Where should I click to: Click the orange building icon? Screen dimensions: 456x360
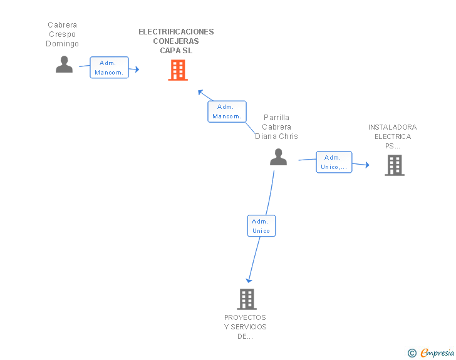[x=178, y=70]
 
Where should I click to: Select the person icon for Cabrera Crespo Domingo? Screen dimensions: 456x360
[x=64, y=64]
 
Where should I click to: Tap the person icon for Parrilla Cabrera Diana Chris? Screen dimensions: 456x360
[x=278, y=157]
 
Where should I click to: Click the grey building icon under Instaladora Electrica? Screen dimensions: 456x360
[x=395, y=165]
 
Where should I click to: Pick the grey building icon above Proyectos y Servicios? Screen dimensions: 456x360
[x=247, y=299]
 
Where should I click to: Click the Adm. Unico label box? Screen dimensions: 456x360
[x=261, y=226]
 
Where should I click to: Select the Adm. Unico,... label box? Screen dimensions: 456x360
[x=334, y=162]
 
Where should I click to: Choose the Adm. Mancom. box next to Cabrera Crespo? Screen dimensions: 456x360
[x=109, y=68]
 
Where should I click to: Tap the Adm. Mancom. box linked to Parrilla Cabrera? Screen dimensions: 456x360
[x=227, y=111]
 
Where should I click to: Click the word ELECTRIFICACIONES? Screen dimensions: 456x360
[x=176, y=32]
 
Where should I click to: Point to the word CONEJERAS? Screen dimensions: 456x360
[x=176, y=41]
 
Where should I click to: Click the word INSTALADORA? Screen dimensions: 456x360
[x=392, y=127]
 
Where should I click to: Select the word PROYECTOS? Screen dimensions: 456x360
[x=245, y=317]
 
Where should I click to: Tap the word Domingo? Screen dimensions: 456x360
[x=62, y=44]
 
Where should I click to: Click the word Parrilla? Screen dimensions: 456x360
[x=276, y=118]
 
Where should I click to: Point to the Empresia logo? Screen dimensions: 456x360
[x=437, y=352]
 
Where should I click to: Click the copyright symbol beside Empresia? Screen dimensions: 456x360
[x=412, y=353]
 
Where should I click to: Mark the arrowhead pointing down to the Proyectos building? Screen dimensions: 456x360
[x=249, y=280]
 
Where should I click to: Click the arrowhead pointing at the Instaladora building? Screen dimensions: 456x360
[x=367, y=165]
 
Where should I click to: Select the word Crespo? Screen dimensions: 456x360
[x=62, y=34]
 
